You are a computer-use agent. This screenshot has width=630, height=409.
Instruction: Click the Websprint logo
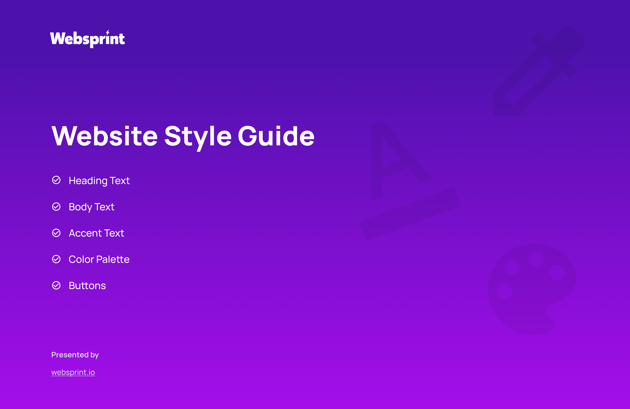click(87, 39)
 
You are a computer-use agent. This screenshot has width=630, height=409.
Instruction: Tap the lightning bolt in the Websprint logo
click(108, 32)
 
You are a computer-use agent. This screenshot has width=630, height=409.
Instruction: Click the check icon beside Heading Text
click(56, 180)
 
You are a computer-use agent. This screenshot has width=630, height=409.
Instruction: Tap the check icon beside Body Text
click(56, 206)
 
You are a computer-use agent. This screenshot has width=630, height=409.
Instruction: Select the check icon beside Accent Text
click(56, 233)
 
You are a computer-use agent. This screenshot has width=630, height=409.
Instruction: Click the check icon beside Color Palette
click(56, 259)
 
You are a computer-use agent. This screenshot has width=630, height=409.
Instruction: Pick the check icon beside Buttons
click(56, 285)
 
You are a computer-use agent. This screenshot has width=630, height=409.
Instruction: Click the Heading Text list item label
click(99, 181)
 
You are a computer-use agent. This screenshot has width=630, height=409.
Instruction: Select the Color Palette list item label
click(99, 259)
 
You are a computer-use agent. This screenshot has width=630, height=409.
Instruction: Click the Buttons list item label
click(87, 286)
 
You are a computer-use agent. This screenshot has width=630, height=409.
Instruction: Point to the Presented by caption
click(75, 355)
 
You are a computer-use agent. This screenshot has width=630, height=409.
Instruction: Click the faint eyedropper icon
click(539, 71)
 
